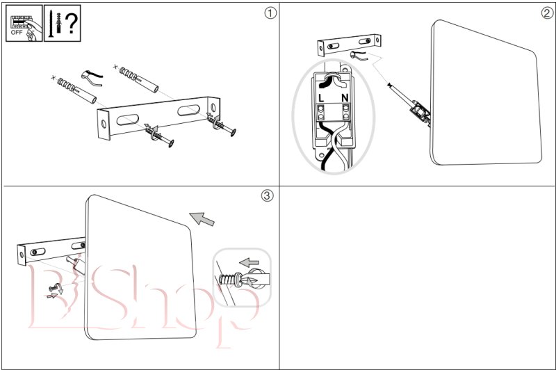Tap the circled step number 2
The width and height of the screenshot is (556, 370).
(x=546, y=12)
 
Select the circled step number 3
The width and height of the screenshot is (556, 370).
(x=267, y=195)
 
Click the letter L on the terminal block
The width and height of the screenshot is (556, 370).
(x=320, y=98)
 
